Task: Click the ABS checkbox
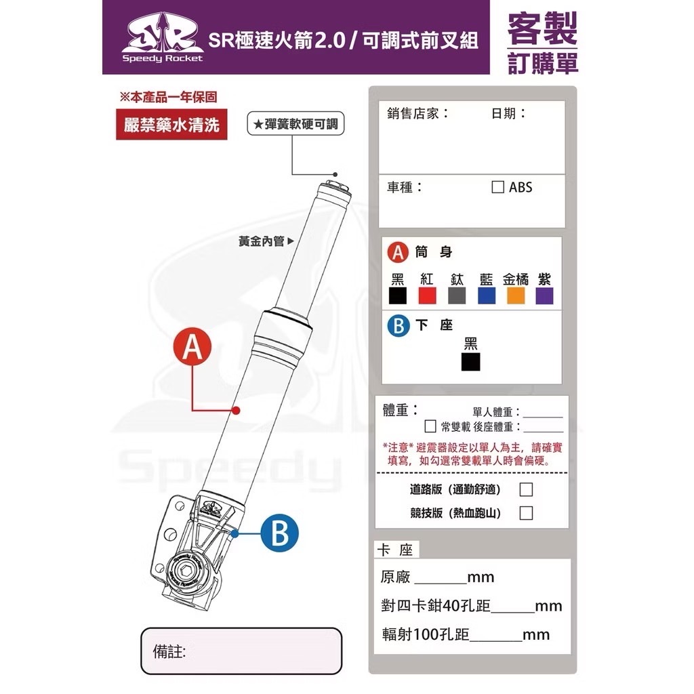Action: tap(497, 187)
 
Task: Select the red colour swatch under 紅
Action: tap(427, 295)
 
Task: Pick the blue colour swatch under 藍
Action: tap(487, 295)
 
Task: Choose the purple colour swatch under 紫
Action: tap(544, 295)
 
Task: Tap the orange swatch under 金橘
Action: tap(516, 295)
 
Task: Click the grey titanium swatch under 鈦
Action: tap(457, 295)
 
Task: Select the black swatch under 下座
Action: tap(470, 362)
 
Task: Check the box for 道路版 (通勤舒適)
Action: tap(526, 489)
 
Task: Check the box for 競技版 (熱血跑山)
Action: tap(526, 513)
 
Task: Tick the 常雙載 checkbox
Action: tap(430, 426)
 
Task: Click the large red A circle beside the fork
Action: tap(192, 346)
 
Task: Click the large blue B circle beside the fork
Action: tap(279, 533)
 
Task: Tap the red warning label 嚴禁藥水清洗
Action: tap(171, 125)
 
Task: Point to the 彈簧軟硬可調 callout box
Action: tap(295, 123)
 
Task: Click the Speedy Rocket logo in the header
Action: tap(163, 38)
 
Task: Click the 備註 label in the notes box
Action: tap(169, 651)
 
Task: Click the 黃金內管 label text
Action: tap(261, 241)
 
